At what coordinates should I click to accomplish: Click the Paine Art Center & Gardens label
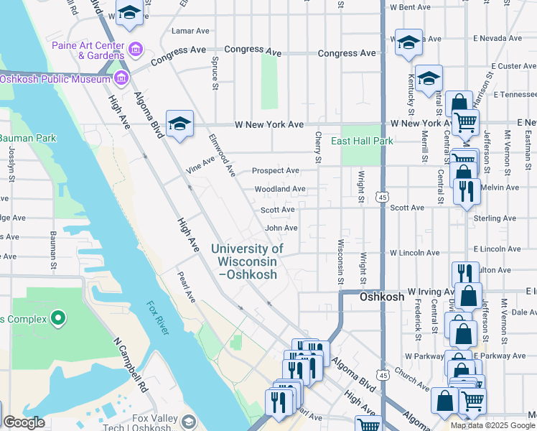tap(88, 50)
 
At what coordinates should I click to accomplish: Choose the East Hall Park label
tap(362, 142)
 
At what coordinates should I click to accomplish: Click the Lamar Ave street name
tap(190, 31)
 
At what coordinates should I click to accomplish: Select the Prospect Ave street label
tap(275, 171)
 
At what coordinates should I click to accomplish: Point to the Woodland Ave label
tap(280, 189)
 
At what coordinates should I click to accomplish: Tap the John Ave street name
tap(281, 228)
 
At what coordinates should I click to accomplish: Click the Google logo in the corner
tap(24, 422)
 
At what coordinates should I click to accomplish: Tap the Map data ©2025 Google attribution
tap(492, 425)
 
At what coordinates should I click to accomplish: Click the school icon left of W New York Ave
tap(179, 123)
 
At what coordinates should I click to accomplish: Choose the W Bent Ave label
tap(410, 7)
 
